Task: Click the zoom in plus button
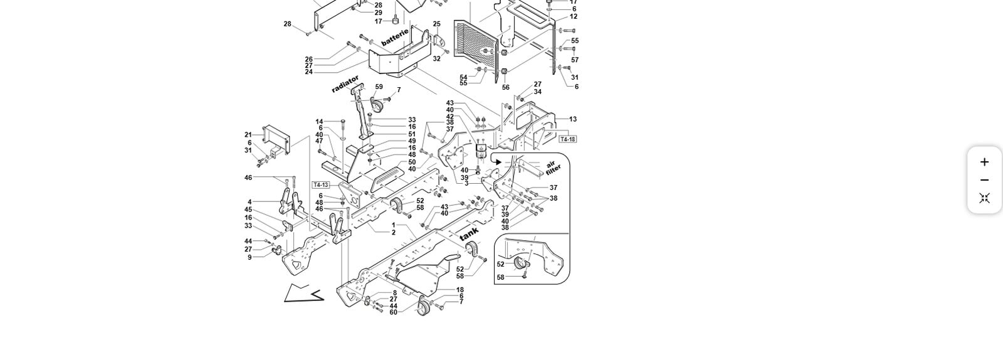[x=984, y=162]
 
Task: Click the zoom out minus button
[x=984, y=180]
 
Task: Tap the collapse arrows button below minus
[x=984, y=198]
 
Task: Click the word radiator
[x=345, y=84]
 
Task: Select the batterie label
[x=395, y=37]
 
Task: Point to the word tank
[x=469, y=234]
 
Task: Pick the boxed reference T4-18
[x=567, y=139]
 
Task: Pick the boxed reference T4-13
[x=320, y=185]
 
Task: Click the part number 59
[x=379, y=87]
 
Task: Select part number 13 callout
[x=572, y=119]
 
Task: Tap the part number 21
[x=248, y=135]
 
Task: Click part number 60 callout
[x=393, y=312]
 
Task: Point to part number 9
[x=249, y=257]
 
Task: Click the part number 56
[x=505, y=88]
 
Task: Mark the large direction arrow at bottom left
[x=303, y=293]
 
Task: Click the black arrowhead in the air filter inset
[x=498, y=162]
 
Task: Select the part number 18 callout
[x=460, y=290]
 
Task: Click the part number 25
[x=436, y=24]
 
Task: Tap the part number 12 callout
[x=574, y=16]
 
